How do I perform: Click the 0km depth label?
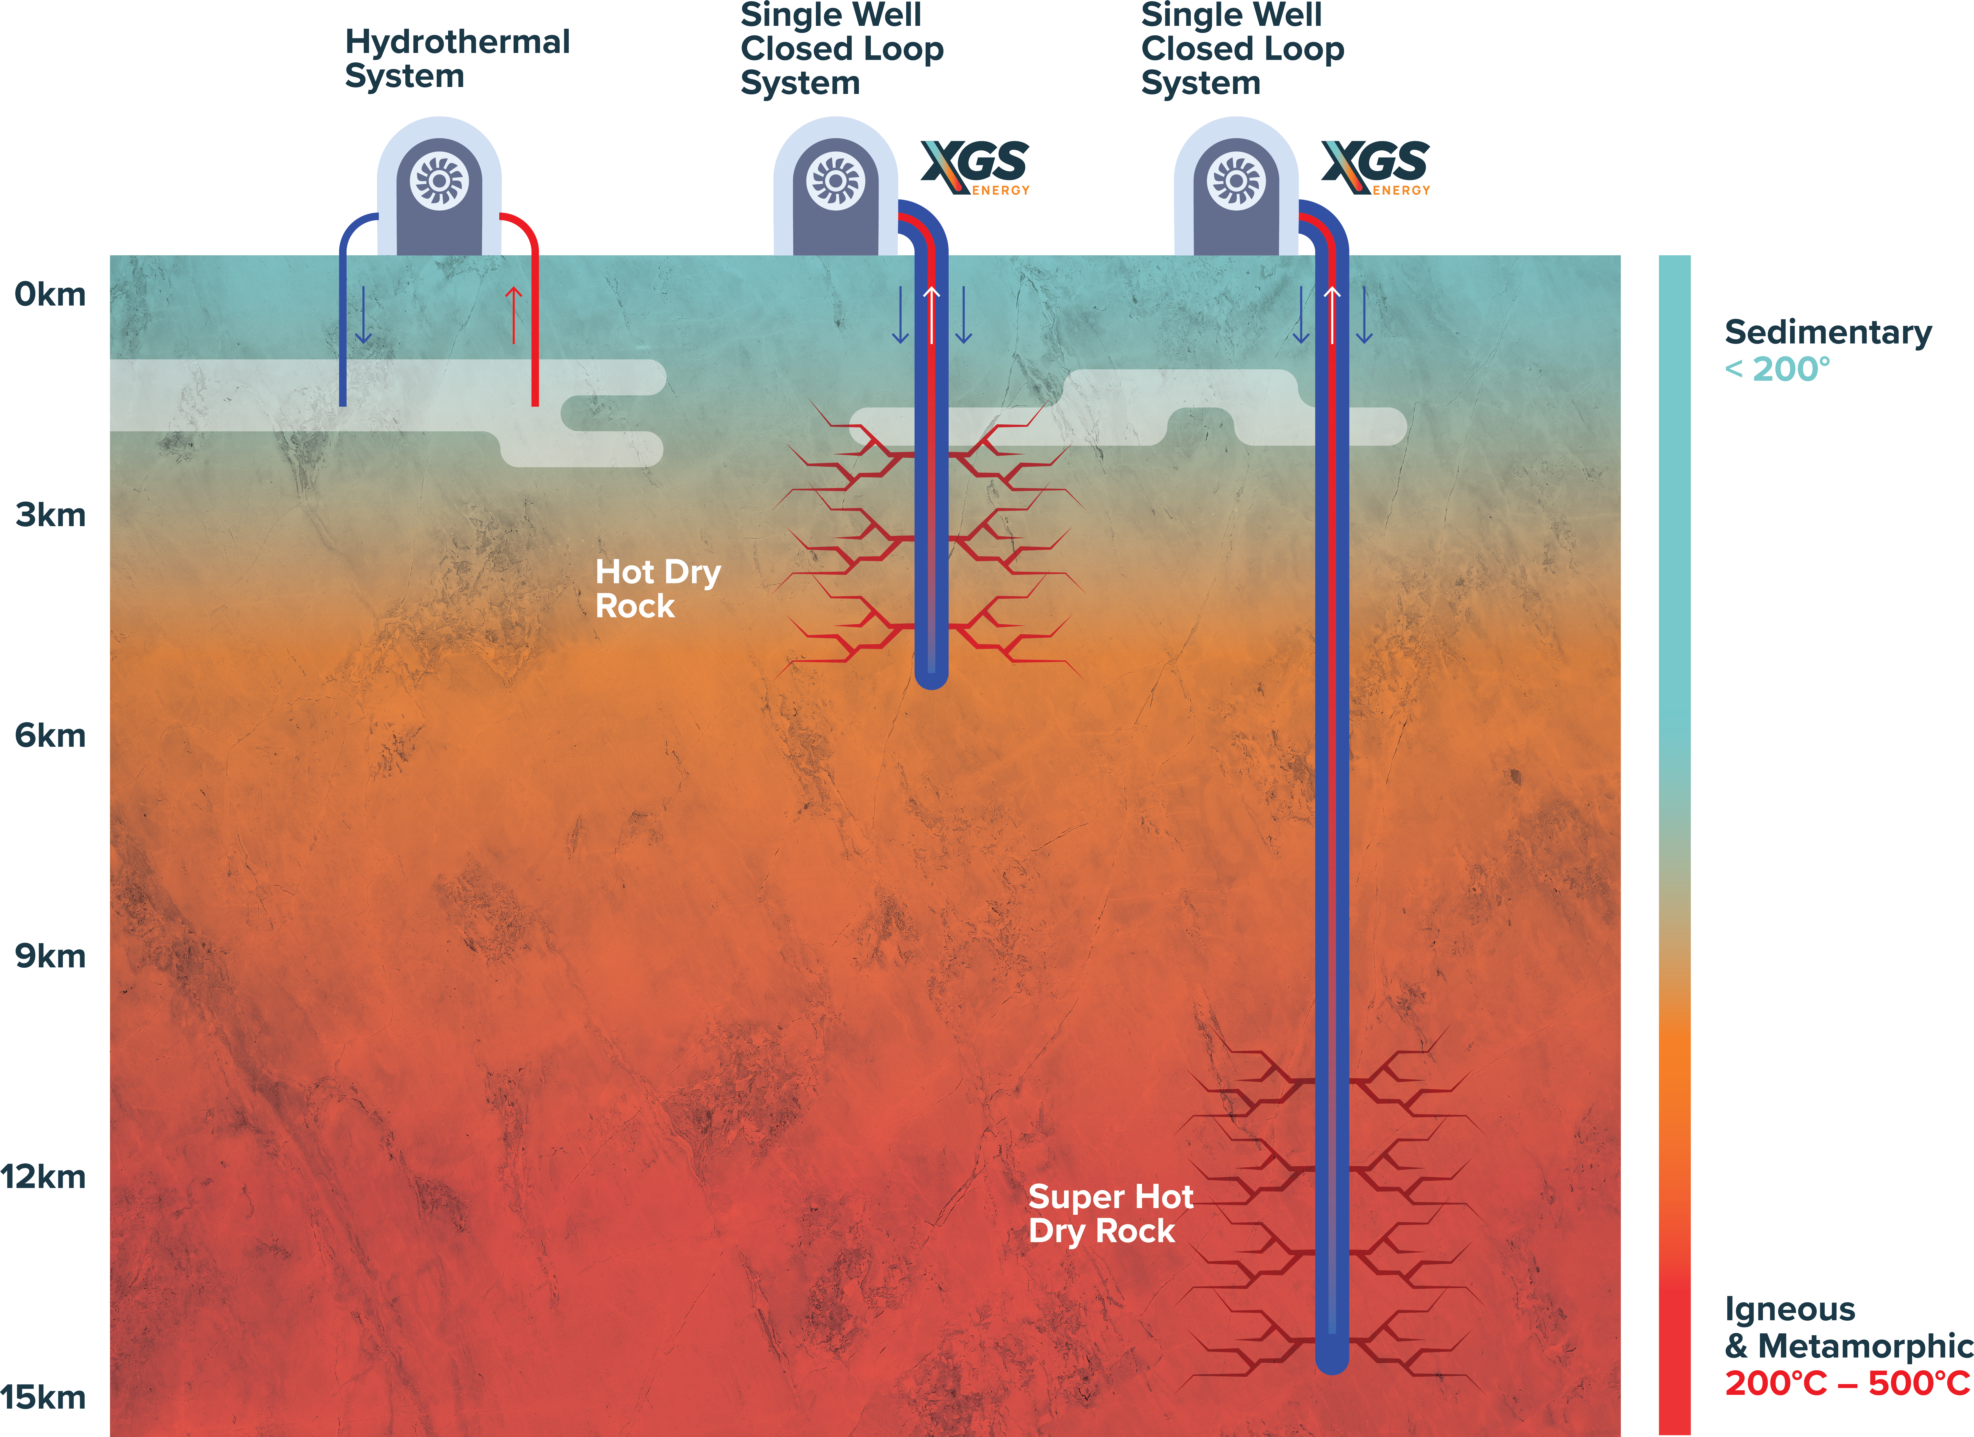coord(50,295)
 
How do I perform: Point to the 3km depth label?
coord(50,515)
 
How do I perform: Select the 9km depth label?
coord(50,957)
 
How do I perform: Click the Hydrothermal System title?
coord(457,58)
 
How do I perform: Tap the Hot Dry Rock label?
coord(657,589)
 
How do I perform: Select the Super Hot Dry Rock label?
coord(1110,1214)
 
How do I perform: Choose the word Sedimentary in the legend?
coord(1828,333)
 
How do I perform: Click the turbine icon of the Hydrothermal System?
coord(440,181)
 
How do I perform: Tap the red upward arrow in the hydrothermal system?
coord(514,315)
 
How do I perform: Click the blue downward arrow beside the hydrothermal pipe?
coord(364,315)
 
